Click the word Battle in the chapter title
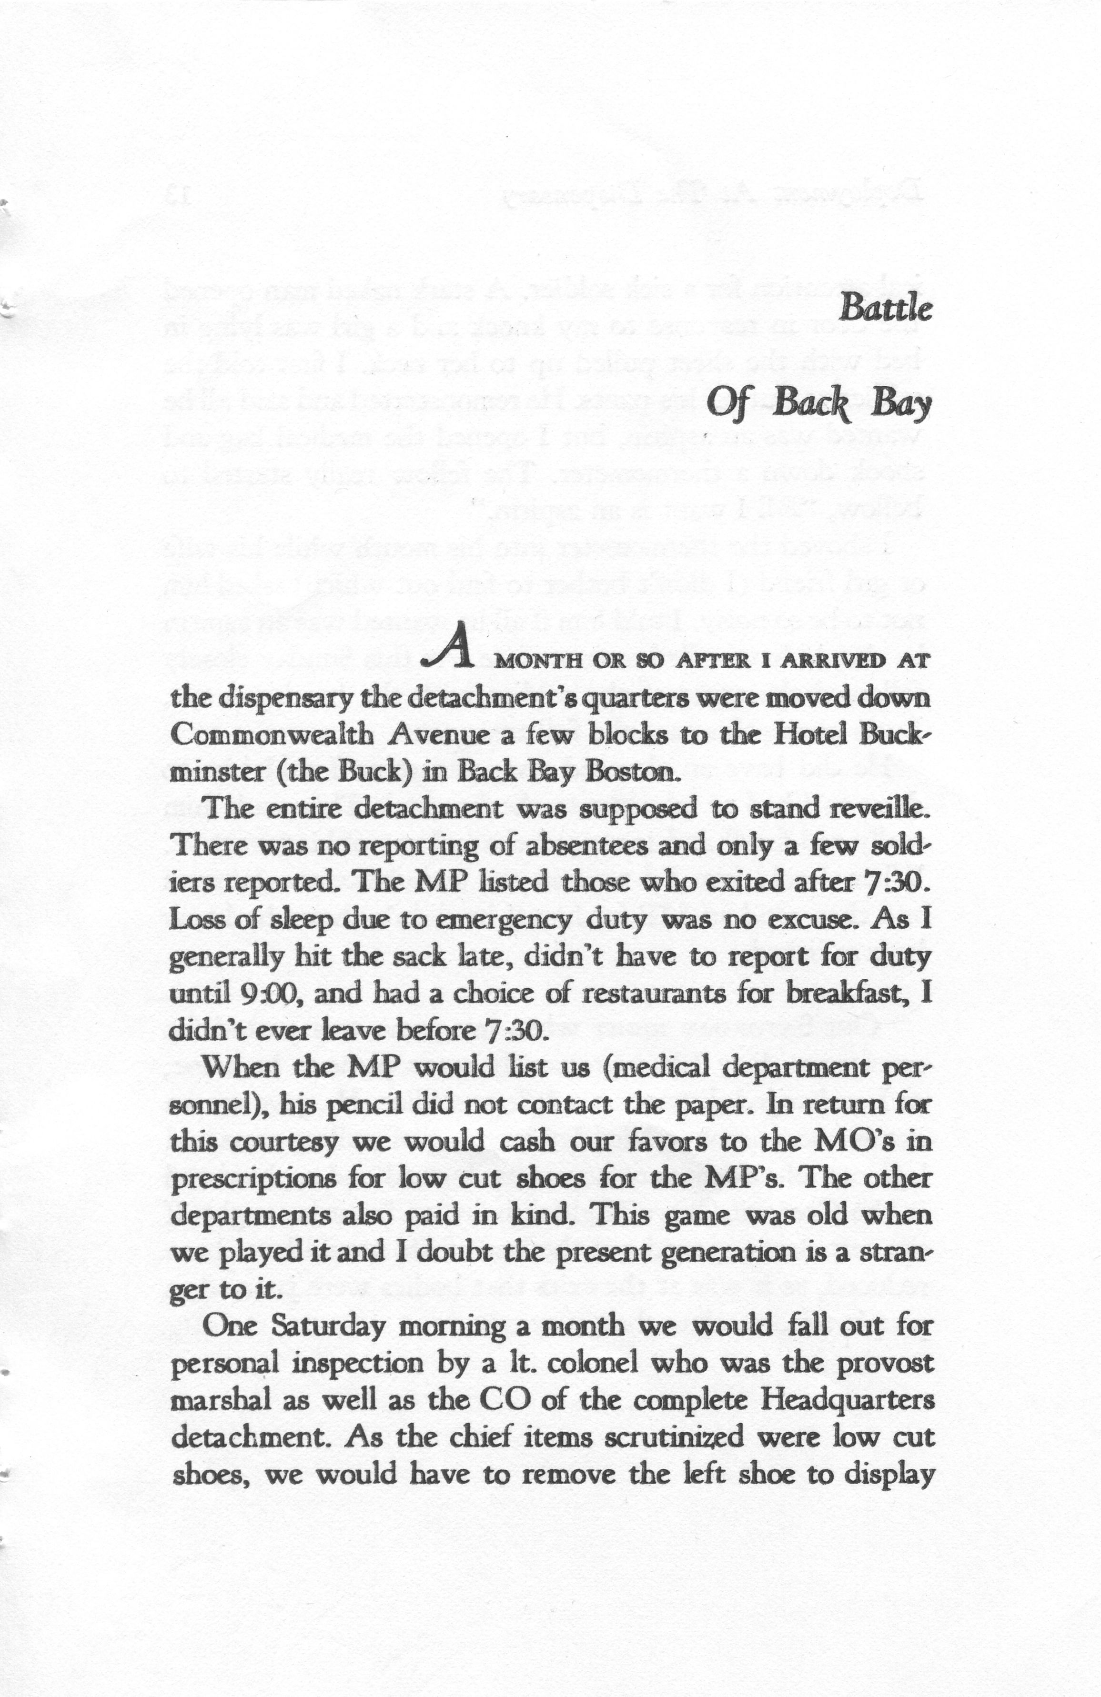[x=885, y=308]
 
